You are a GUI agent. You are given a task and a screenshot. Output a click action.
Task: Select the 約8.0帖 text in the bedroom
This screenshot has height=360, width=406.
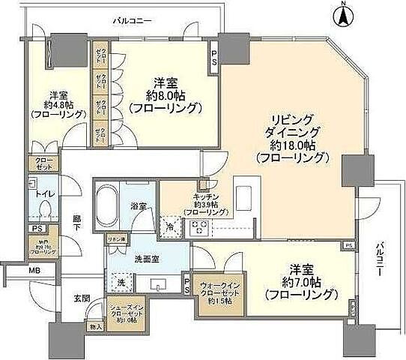pos(166,95)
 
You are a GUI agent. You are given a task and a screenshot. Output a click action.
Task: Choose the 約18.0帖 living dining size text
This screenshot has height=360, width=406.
pos(293,145)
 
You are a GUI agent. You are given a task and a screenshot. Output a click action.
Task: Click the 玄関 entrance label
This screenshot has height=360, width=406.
pos(80,298)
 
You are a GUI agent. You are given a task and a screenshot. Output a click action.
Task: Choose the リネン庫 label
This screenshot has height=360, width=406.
pos(116,239)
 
